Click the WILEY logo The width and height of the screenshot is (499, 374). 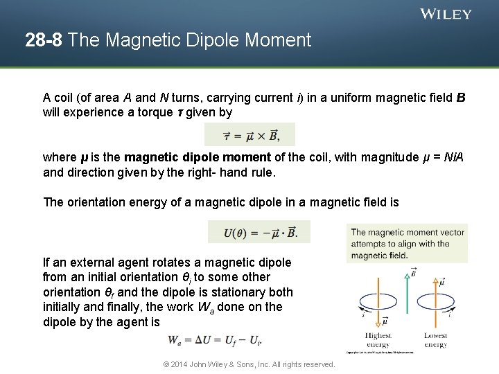coord(446,14)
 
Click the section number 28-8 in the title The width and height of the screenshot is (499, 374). coord(44,40)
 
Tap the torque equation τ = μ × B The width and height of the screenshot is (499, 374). coord(251,134)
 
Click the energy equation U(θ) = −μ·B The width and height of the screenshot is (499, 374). coord(259,232)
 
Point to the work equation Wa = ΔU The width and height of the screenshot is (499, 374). coord(214,340)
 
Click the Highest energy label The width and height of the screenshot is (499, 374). coord(378,340)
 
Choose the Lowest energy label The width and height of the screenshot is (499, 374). coord(435,340)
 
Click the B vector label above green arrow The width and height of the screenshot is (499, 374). coord(413,272)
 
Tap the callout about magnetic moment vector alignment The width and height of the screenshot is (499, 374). coord(407,243)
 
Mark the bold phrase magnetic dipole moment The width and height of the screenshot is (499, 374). coord(184,157)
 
